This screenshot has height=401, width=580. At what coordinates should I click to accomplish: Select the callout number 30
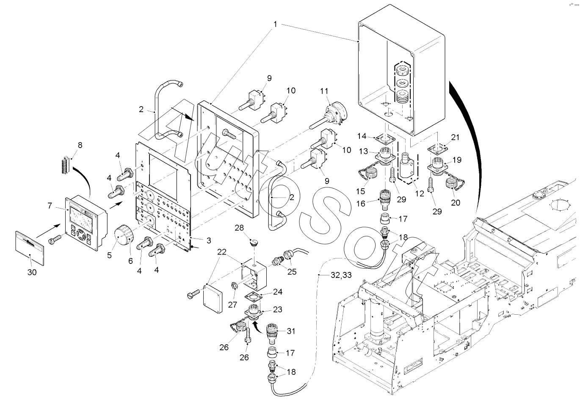click(32, 272)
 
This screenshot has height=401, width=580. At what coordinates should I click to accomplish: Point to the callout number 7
click(50, 205)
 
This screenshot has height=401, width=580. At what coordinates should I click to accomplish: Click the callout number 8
click(80, 145)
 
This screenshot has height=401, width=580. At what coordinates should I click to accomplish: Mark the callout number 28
click(240, 228)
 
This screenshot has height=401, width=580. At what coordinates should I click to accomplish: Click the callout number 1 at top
click(275, 24)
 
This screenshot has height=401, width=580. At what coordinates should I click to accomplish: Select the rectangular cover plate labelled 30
click(30, 245)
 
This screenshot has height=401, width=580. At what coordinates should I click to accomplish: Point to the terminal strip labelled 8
click(66, 162)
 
